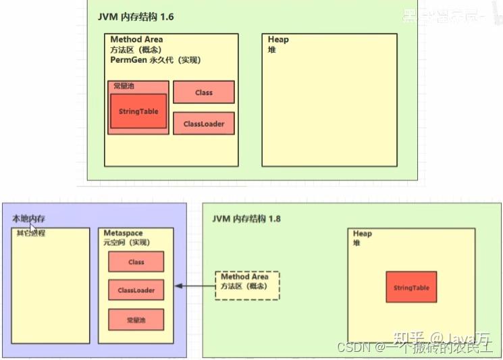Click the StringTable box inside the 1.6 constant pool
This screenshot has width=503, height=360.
point(138,111)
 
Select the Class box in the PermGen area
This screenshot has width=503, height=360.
point(203,93)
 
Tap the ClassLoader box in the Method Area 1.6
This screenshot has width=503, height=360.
point(203,124)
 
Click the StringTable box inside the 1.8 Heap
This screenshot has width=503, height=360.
point(411,288)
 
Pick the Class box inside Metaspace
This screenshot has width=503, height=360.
point(136,262)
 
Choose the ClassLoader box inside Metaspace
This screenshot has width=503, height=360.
point(136,290)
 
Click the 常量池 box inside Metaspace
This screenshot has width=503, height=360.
point(136,319)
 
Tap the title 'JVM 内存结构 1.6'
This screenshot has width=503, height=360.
point(140,16)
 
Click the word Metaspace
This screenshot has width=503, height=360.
point(123,233)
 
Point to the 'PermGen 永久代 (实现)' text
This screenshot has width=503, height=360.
point(155,60)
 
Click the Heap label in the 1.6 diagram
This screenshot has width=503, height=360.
point(278,39)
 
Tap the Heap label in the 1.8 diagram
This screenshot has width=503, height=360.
point(363,234)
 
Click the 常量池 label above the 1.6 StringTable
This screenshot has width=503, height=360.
point(124,86)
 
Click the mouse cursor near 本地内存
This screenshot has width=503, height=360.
point(33,230)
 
